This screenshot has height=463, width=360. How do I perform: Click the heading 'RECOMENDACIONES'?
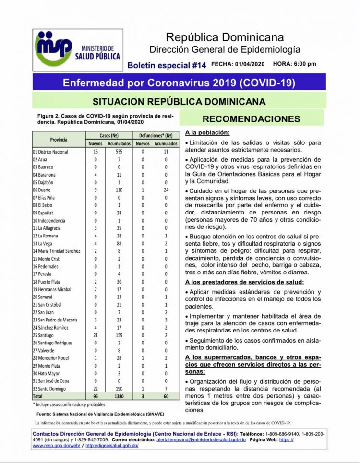[251, 119]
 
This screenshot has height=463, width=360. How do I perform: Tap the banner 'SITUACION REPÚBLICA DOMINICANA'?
[179, 101]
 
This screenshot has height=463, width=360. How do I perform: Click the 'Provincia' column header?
[59, 140]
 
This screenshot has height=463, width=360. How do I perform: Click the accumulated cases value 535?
[119, 152]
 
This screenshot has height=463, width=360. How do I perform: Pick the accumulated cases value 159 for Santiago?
[119, 335]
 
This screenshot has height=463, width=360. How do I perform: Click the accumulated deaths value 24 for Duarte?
[166, 190]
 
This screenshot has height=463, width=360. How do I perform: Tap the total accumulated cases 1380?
[119, 397]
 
